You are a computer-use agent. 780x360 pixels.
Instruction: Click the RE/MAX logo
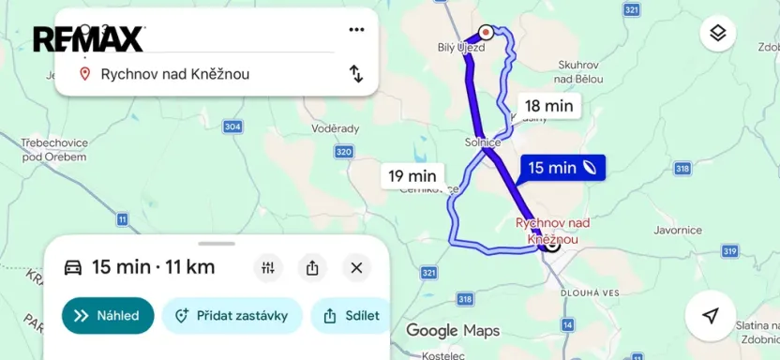89,38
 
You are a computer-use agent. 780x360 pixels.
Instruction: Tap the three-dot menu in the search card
356,29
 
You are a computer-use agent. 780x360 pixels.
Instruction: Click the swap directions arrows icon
356,73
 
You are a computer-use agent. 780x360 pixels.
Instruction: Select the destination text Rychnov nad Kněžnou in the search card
175,74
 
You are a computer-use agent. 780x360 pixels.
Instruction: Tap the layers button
717,34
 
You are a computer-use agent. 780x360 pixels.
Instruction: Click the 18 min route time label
548,106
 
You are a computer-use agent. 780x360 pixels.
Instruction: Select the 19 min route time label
412,175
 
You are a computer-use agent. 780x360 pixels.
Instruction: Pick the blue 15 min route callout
562,168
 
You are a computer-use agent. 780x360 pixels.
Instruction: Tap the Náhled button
108,316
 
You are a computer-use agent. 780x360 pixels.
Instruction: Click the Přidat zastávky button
232,316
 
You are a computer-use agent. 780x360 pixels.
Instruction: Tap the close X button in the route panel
356,268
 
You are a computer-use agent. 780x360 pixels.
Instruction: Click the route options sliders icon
268,268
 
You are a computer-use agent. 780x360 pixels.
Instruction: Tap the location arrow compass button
710,315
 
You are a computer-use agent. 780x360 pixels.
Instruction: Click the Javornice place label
679,230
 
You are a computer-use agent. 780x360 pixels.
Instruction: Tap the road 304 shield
233,127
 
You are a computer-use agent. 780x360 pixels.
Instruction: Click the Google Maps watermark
453,330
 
